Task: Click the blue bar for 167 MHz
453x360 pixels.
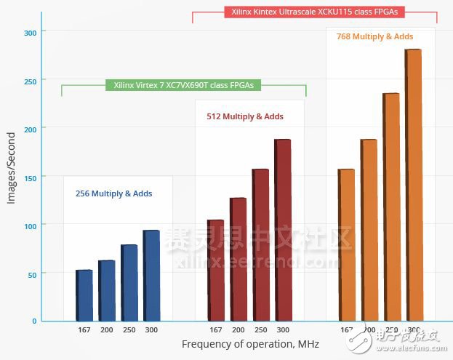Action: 84,295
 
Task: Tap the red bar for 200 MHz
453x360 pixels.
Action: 238,258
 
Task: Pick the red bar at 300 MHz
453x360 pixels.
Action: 282,229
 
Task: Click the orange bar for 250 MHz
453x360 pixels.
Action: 390,207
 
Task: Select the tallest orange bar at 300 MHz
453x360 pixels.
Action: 413,185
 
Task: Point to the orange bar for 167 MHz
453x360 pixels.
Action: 346,244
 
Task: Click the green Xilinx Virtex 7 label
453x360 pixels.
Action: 183,85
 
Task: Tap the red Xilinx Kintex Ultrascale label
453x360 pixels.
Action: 314,12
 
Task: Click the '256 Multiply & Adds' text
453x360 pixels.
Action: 114,193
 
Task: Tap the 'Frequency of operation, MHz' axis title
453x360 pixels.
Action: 249,344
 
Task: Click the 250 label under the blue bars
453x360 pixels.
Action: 129,329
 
